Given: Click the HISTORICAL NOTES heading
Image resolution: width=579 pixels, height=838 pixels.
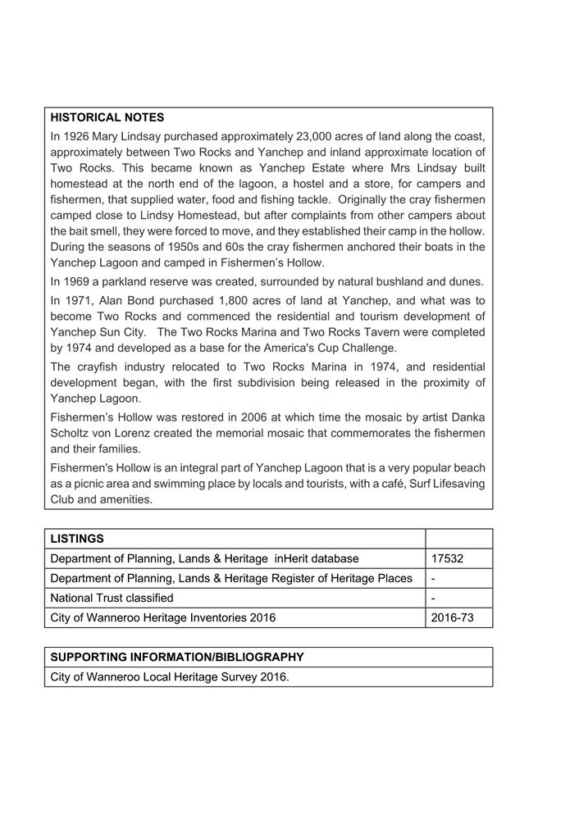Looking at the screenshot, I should click(x=107, y=118).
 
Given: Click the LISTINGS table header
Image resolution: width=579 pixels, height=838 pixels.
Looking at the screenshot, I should click(x=77, y=539).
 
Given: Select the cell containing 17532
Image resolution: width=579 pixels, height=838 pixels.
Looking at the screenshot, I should click(x=447, y=558).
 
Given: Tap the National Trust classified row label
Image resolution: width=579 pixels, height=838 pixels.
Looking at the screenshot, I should click(x=112, y=598).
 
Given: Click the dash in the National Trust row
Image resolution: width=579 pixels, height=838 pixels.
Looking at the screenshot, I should click(x=433, y=598).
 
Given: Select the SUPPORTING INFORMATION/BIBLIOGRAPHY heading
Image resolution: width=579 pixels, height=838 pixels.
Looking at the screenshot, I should click(x=177, y=658).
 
